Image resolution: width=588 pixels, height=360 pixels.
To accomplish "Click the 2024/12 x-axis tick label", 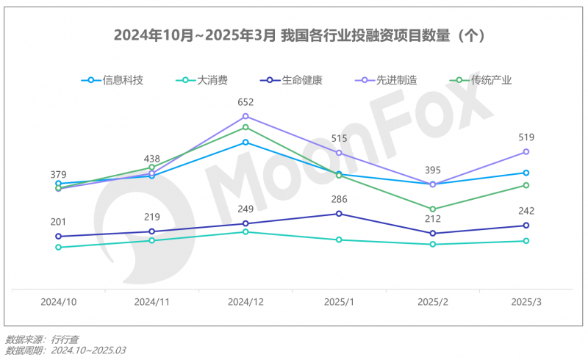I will (245, 302).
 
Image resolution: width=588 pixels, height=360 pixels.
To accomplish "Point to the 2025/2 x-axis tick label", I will (433, 302).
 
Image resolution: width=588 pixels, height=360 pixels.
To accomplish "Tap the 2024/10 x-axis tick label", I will (58, 302).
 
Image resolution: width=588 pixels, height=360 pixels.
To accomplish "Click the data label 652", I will (245, 102).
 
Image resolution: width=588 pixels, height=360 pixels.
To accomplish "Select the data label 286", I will (339, 199).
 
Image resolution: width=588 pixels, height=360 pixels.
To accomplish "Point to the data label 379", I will (58, 174).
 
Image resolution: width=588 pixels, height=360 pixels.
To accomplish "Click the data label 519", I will (526, 137).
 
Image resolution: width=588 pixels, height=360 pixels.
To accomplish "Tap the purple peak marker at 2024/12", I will (245, 116).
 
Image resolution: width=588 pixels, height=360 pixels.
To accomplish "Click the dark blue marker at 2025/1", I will (339, 214).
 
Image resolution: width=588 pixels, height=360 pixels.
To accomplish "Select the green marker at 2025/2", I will (433, 209).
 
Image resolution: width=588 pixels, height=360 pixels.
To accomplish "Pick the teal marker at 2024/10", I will (58, 247).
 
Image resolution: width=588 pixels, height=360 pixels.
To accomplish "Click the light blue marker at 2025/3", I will (526, 173).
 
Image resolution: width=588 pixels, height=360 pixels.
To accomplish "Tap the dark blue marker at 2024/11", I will (152, 231).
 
